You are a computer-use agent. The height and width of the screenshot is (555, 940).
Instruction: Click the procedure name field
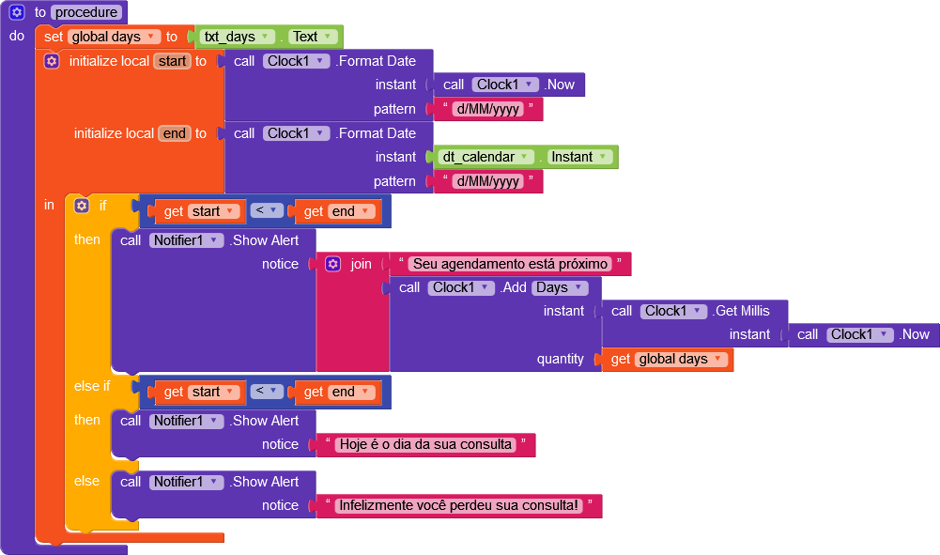tap(86, 12)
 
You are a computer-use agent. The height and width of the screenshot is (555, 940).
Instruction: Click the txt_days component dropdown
tap(238, 37)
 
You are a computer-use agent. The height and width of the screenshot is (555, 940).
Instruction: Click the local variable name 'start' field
tap(172, 61)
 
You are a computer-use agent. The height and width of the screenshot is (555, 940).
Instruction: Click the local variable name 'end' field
tap(175, 133)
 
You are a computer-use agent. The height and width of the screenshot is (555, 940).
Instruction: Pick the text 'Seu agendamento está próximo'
tap(510, 264)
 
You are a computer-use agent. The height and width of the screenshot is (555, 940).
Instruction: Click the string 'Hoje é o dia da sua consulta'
tap(425, 444)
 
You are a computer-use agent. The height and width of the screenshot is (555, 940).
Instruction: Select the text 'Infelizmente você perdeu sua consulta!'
tap(458, 505)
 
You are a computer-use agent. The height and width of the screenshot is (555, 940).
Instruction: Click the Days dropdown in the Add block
tap(560, 287)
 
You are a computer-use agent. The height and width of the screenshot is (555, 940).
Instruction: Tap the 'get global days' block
tap(668, 359)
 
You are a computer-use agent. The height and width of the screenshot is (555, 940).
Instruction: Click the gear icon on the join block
tap(333, 264)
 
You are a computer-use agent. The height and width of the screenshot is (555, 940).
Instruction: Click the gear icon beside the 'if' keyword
tap(82, 206)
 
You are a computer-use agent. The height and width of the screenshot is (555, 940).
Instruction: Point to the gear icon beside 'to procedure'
tap(17, 12)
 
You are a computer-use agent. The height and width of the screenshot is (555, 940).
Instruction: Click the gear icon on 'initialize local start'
tap(52, 61)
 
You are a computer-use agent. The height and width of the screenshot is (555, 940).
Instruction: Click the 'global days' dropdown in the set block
tap(114, 37)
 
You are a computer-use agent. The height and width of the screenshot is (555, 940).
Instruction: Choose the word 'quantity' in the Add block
tap(560, 359)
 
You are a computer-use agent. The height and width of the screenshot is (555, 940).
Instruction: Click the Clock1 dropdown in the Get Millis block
tap(673, 311)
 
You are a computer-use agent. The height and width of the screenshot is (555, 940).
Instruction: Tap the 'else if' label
tap(92, 386)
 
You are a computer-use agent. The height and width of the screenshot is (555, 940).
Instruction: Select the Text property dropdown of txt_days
tap(313, 37)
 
